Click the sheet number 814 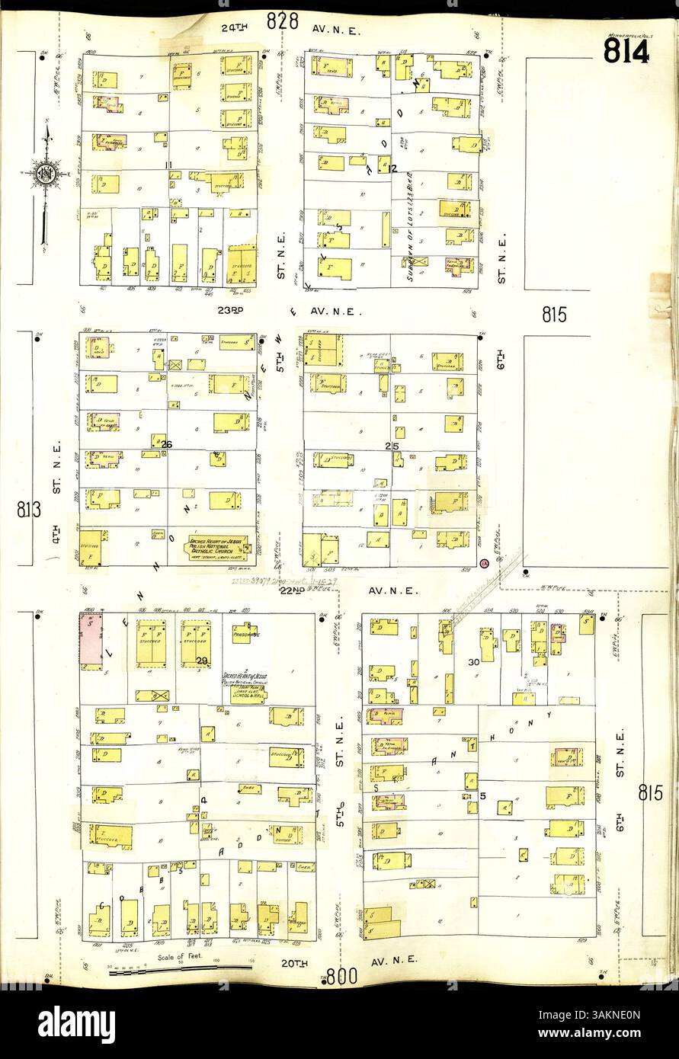point(626,52)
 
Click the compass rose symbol point(46,174)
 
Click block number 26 point(167,445)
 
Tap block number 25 point(392,445)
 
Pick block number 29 point(202,661)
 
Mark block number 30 point(473,662)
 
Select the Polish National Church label point(218,546)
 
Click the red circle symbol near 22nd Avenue point(485,564)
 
